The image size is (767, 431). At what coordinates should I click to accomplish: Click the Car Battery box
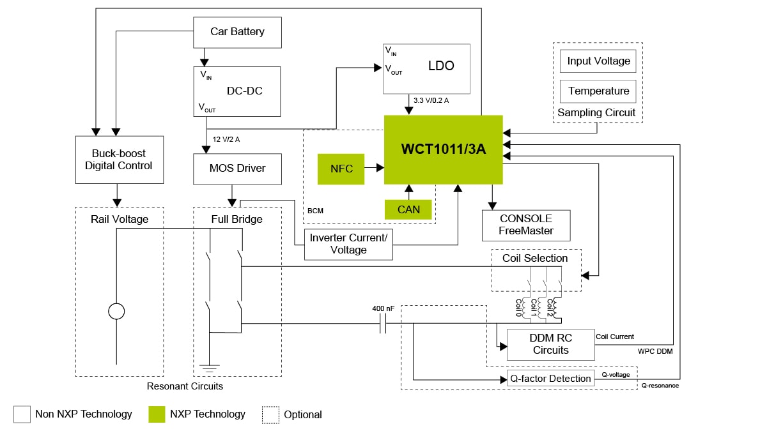point(237,32)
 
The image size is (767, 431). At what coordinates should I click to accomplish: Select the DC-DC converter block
point(237,91)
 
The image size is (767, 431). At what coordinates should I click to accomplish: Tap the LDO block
point(426,68)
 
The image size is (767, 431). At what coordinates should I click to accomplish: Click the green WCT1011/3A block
point(443,149)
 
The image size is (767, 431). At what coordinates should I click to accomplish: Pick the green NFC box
point(341,169)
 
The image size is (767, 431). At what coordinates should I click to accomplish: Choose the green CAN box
point(408,209)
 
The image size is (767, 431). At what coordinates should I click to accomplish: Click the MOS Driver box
point(237,169)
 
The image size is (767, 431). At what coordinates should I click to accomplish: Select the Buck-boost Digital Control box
point(119,160)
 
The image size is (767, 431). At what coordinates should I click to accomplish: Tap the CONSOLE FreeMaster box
point(526,225)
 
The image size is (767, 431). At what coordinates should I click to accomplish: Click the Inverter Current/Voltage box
point(348,244)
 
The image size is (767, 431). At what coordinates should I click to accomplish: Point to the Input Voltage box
point(598,61)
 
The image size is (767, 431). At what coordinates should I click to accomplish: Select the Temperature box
point(598,91)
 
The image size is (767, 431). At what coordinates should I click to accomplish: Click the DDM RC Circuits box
point(550,344)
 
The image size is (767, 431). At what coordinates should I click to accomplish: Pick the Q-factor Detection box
point(550,379)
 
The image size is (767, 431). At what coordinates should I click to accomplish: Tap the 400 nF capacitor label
point(383,309)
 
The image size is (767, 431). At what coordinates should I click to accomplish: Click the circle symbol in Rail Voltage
point(116,312)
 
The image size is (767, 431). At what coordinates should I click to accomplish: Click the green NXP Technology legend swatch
point(157,414)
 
